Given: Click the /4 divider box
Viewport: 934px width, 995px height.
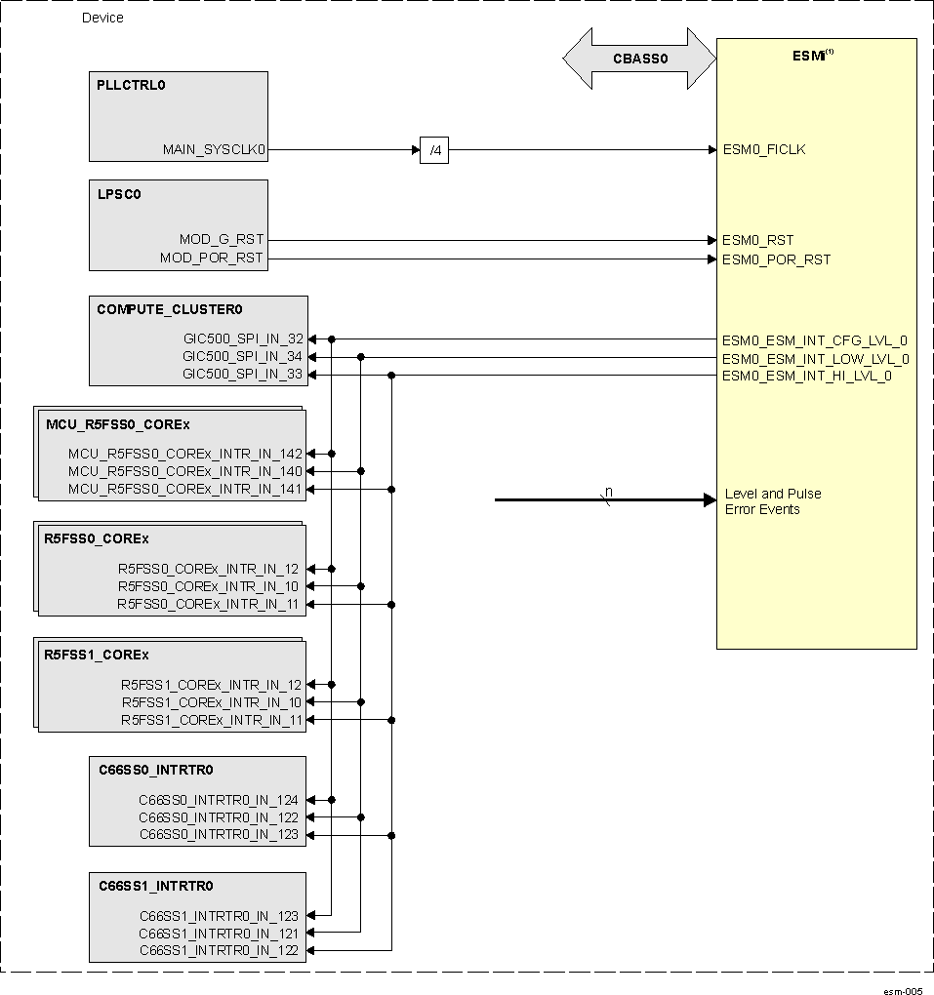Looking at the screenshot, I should pos(434,150).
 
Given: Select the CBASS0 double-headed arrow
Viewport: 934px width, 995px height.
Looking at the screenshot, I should pos(639,59).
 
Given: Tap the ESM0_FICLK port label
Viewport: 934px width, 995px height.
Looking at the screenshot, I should pos(763,150).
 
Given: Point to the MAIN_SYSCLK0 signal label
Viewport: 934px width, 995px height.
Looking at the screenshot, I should pos(214,150).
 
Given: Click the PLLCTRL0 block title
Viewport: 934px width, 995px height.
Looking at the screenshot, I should pos(131,85).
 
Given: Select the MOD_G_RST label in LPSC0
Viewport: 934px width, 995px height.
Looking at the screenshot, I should pos(221,240).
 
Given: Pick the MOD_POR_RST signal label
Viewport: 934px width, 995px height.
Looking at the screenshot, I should pos(212,259).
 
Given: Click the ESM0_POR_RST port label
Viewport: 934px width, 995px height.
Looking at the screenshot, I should pos(776,259).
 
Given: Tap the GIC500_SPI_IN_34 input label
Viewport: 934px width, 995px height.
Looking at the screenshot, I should pos(243,357).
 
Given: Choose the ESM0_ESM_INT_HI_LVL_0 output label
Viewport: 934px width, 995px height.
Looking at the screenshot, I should pos(806,376).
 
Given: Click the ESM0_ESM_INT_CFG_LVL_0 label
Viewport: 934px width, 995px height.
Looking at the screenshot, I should pos(814,340).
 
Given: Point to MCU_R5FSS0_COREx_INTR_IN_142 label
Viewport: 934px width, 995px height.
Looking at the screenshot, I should pos(185,454).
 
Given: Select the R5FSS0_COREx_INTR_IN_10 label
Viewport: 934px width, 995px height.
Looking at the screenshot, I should pos(209,586).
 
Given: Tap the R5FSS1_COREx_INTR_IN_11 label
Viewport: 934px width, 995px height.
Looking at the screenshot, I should pos(211,720).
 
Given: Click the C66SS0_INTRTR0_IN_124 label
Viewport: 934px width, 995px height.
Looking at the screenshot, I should pos(219,800).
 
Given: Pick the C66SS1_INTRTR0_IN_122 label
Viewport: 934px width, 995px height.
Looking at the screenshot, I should pos(219,950).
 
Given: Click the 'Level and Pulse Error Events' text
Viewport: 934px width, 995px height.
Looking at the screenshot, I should pos(772,501).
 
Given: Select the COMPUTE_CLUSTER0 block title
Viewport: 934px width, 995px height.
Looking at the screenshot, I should pos(169,309).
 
